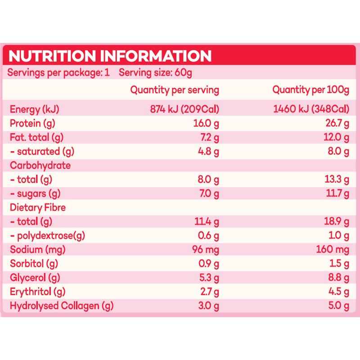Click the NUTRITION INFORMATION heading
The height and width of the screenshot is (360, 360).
110,56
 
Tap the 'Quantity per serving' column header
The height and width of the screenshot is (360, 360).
175,90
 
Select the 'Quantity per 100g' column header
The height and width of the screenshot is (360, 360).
311,90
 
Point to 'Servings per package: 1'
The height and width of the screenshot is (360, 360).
58,72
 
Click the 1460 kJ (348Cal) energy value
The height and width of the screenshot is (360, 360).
311,109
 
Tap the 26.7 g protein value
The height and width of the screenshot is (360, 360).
337,123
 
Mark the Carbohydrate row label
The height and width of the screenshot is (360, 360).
40,165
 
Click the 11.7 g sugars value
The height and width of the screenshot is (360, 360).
337,193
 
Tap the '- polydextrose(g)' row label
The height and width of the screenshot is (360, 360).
48,235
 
